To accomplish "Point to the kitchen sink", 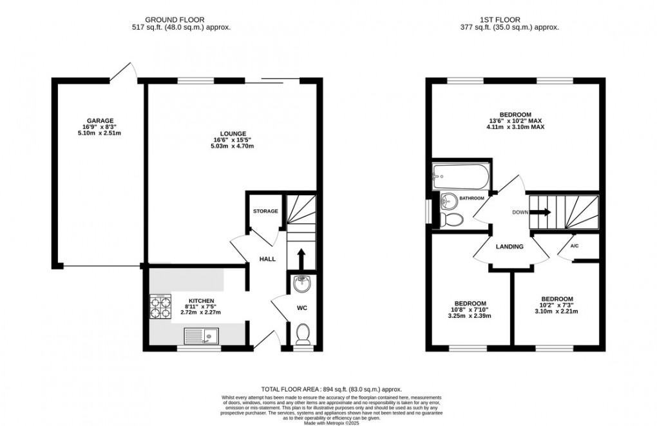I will (200, 334).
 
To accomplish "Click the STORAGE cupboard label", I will (265, 211).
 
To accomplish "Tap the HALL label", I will (267, 259).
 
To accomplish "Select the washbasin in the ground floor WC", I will (301, 283).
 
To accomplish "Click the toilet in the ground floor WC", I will (301, 333).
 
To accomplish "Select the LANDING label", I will (509, 247).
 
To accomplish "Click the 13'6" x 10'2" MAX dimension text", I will (515, 120).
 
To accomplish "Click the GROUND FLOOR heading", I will (180, 19).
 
